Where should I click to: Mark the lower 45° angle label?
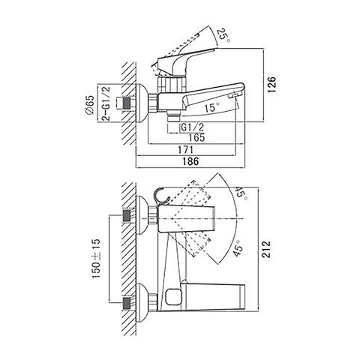point(237,247)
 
